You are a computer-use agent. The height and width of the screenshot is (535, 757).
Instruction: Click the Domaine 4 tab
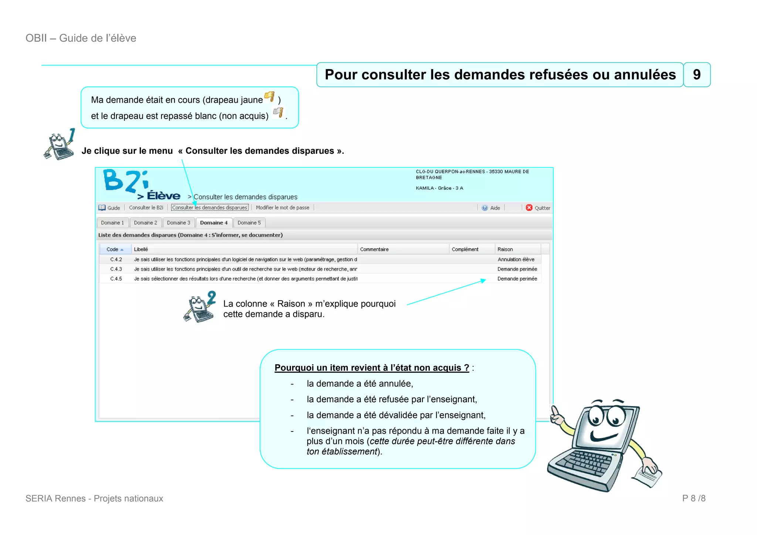214,223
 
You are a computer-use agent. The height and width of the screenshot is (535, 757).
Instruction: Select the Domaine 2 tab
145,223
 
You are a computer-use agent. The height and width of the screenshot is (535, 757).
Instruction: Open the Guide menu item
109,208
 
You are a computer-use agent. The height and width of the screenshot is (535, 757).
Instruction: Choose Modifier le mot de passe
282,207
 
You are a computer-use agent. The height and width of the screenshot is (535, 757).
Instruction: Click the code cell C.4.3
116,269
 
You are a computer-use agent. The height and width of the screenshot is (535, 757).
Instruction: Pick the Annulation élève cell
516,260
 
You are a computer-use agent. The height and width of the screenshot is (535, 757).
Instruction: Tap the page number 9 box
697,75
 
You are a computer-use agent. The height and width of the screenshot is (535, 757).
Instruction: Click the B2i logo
126,181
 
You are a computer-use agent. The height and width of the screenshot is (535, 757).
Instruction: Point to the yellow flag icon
269,96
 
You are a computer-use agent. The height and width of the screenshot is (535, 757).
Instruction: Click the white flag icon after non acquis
278,112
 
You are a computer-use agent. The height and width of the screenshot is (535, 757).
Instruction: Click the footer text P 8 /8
693,498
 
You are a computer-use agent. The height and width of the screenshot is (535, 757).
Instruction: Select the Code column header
115,249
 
